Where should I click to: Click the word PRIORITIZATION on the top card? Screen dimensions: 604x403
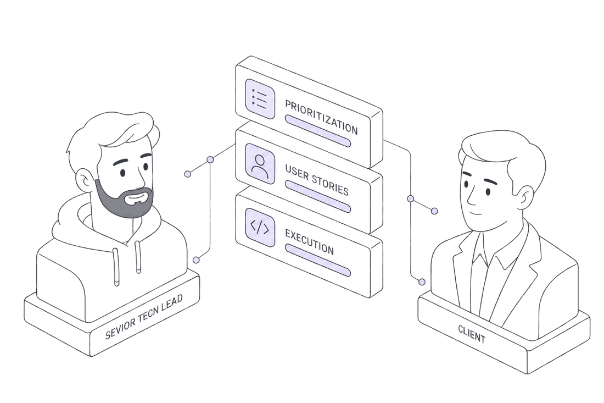click(321, 117)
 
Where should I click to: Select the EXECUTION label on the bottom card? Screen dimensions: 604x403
click(309, 242)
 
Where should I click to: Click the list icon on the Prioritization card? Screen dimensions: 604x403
click(260, 99)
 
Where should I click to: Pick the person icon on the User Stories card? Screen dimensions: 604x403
click(260, 163)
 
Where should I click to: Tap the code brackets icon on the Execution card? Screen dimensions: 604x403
click(260, 228)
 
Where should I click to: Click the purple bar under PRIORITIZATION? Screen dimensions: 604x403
click(318, 131)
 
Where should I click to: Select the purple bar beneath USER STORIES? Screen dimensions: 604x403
click(318, 196)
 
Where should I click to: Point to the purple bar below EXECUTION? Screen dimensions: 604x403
click(318, 260)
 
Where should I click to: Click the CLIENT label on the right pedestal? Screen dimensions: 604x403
click(472, 334)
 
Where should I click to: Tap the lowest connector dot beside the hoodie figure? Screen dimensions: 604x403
click(196, 260)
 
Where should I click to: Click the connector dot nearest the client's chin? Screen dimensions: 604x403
click(434, 211)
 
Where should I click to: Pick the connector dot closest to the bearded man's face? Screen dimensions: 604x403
click(188, 174)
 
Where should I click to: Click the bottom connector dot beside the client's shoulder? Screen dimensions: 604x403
click(422, 282)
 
